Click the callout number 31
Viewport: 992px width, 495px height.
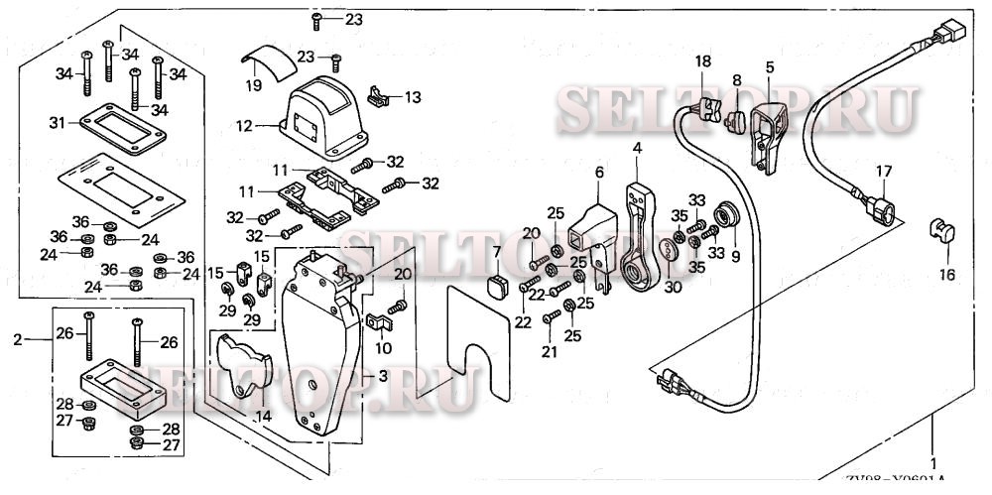pos(57,122)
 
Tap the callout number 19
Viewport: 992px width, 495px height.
pos(254,86)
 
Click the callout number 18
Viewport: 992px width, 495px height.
pos(703,62)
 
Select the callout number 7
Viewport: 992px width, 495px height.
pos(497,253)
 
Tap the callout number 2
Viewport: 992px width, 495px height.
pos(17,340)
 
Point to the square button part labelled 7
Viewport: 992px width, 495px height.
pos(497,287)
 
